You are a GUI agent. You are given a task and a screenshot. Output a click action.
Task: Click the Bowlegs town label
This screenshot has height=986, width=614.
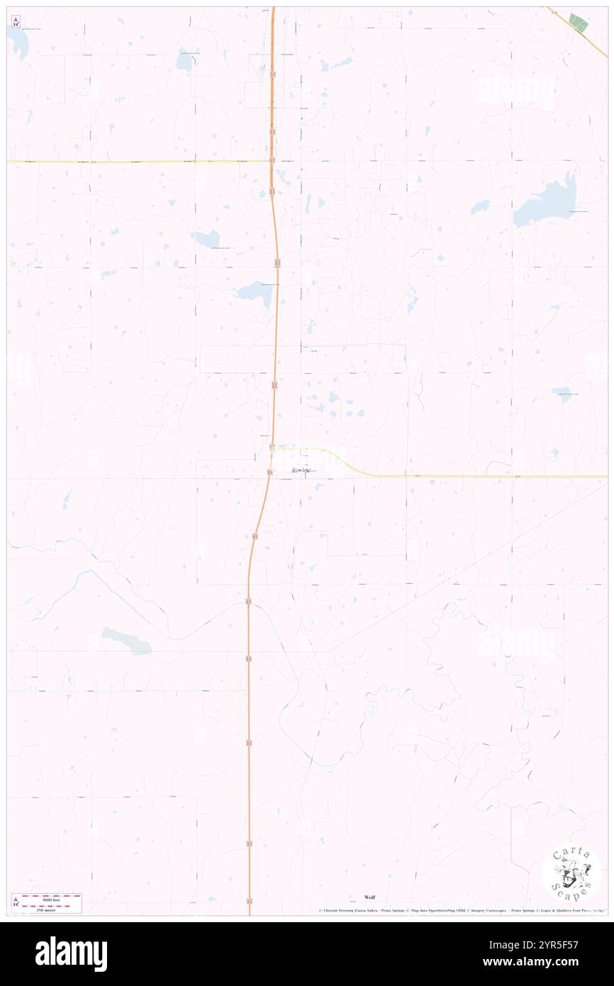[x=301, y=470]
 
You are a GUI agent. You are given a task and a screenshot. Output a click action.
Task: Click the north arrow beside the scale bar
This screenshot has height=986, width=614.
[x=16, y=902]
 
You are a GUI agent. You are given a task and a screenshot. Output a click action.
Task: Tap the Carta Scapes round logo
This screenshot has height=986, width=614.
[x=571, y=872]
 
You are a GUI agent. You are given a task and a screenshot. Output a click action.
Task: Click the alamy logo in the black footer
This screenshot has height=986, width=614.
[x=71, y=954]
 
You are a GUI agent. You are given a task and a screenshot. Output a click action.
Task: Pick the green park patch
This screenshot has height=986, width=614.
[x=579, y=23]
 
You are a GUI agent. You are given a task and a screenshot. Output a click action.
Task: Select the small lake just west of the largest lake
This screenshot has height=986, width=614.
[x=480, y=207]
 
